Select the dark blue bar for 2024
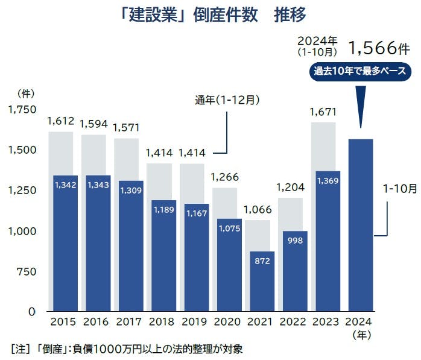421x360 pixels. [361, 229]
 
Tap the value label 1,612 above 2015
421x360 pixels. [60, 121]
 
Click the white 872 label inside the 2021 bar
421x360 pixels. [262, 261]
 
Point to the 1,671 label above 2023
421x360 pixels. [323, 112]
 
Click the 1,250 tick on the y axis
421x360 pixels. [22, 191]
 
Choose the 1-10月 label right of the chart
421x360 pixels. [400, 188]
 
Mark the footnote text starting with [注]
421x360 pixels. [127, 349]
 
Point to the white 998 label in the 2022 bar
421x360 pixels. [296, 241]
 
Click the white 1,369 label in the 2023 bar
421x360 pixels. [329, 181]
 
